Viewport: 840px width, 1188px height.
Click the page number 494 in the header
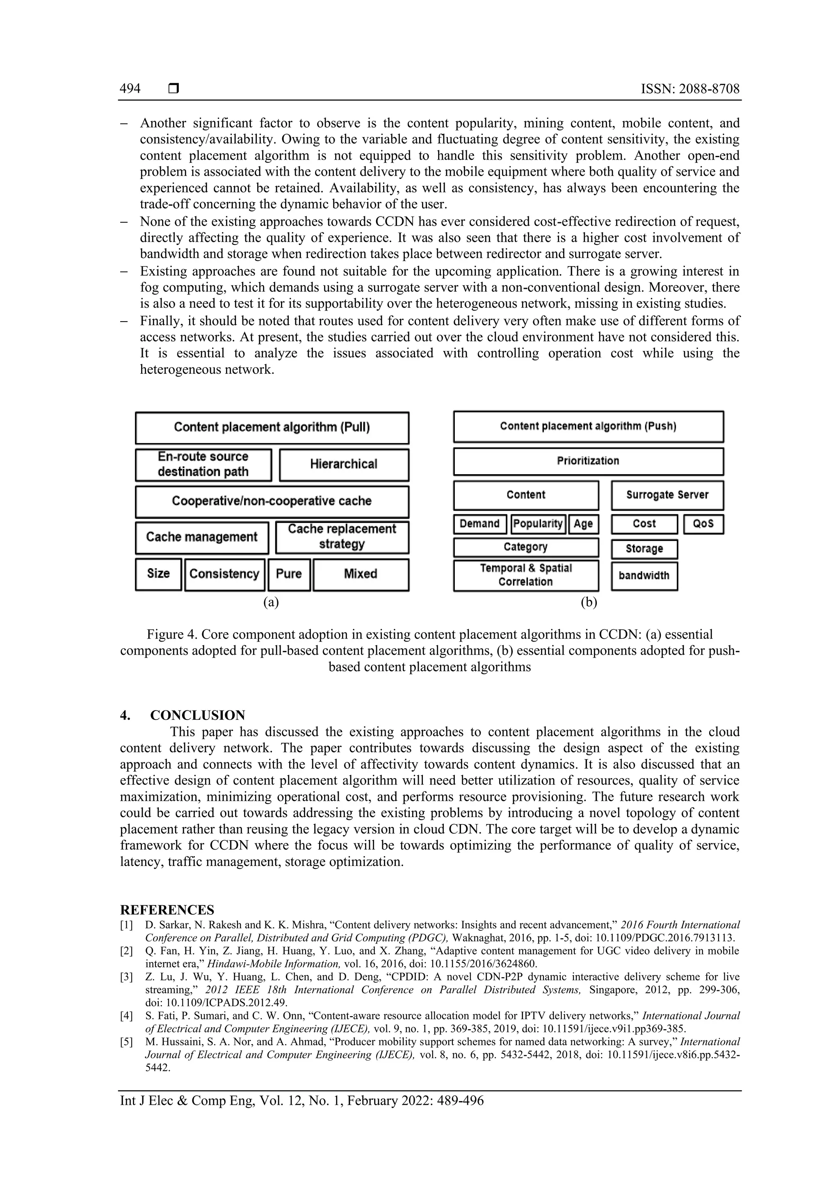pyautogui.click(x=130, y=89)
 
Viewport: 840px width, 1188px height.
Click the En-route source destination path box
pyautogui.click(x=203, y=465)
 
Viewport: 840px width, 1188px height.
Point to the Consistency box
pyautogui.click(x=224, y=574)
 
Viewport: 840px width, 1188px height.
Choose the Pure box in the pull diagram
pyautogui.click(x=289, y=574)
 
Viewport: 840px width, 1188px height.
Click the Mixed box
pyautogui.click(x=361, y=574)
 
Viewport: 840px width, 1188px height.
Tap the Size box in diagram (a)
pyautogui.click(x=158, y=574)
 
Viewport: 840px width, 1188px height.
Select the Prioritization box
pyautogui.click(x=588, y=461)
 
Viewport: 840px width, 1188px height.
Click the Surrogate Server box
pyautogui.click(x=667, y=495)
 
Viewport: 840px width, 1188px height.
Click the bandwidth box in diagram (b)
pyautogui.click(x=644, y=576)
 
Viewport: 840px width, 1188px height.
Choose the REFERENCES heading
pyautogui.click(x=167, y=909)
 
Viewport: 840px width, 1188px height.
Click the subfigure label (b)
pyautogui.click(x=589, y=602)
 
